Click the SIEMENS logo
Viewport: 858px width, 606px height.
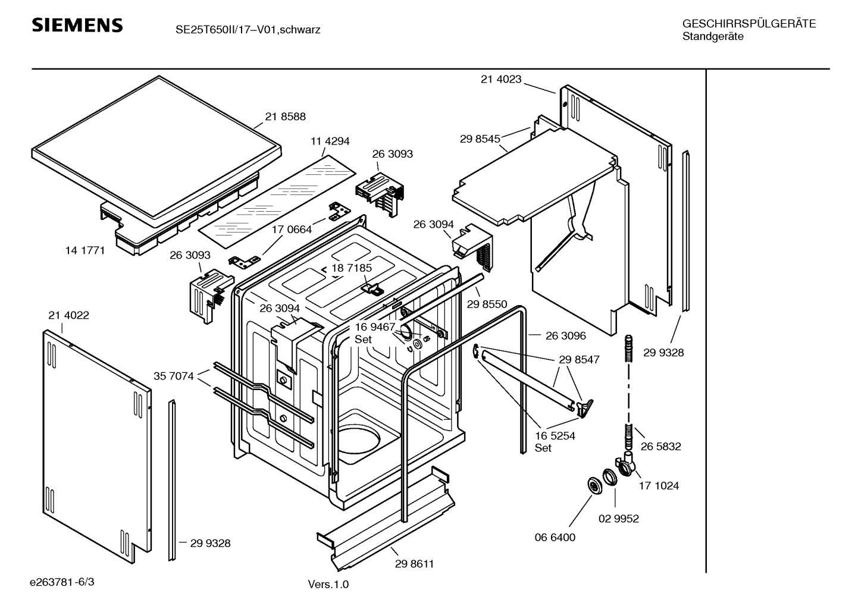point(77,26)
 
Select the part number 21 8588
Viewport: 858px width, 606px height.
point(286,117)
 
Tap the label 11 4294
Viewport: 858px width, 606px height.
point(330,142)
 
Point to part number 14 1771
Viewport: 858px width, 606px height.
point(85,250)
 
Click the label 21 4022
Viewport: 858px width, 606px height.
point(68,315)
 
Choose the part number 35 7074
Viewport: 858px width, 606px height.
point(173,376)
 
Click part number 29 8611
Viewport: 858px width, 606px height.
point(414,564)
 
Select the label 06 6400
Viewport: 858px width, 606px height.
point(555,537)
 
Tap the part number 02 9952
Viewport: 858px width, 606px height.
point(618,519)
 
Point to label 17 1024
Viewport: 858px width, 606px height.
point(659,486)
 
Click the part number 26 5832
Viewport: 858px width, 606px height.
point(660,446)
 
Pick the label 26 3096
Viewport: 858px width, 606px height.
point(565,335)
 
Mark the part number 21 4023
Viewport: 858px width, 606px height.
point(501,79)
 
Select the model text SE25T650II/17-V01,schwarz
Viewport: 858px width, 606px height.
point(248,30)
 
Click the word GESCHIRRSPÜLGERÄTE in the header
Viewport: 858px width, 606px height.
point(749,24)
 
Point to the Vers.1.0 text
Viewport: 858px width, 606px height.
point(328,584)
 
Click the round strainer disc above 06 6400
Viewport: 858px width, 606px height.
point(594,485)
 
